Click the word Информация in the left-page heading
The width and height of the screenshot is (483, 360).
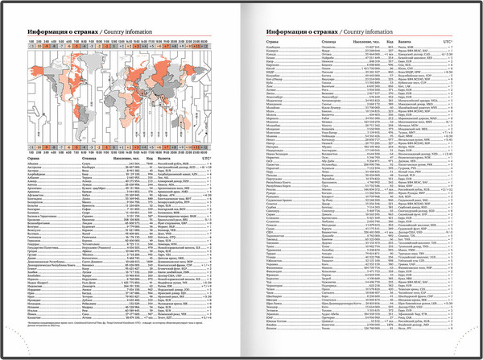[x=48, y=28]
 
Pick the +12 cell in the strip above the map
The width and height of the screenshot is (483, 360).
[x=204, y=48]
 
